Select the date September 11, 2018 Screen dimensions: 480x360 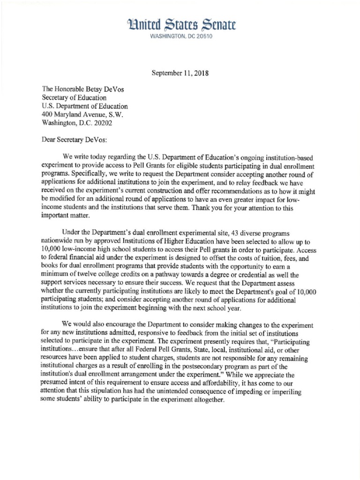[x=180, y=73]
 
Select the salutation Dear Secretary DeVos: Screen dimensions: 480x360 [x=76, y=139]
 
